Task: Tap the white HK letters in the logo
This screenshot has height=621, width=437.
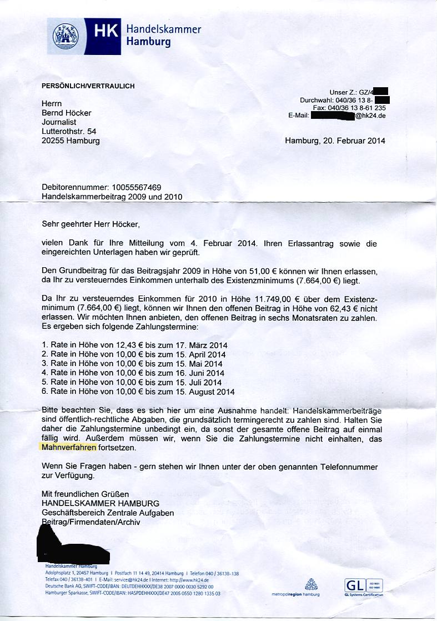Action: pos(106,32)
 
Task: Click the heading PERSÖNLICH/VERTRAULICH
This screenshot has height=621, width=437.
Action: pos(88,86)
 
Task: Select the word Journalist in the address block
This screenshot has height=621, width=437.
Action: pos(59,122)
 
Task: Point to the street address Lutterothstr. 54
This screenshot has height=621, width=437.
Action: pos(69,132)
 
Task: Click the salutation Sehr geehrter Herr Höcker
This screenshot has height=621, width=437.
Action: pos(91,224)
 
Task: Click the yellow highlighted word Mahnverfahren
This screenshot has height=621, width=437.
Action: pos(69,447)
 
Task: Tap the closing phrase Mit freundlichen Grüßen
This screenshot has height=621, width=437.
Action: pos(85,494)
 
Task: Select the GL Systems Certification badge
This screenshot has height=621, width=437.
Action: pos(364,587)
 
